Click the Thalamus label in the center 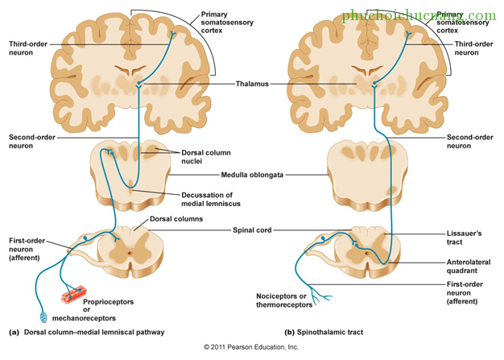point(252,84)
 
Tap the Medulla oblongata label point(252,175)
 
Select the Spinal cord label point(252,230)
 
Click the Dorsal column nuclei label point(206,157)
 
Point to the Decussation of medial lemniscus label point(211,199)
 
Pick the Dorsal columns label point(176,219)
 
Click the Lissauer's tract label point(464,238)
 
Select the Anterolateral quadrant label point(469,267)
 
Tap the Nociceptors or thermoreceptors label point(284,300)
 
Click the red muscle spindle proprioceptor point(74,294)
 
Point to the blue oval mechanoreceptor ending point(43,317)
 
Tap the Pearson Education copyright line point(251,347)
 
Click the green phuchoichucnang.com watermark point(419,15)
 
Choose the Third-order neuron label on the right point(473,48)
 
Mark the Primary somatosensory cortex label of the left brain point(227,23)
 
